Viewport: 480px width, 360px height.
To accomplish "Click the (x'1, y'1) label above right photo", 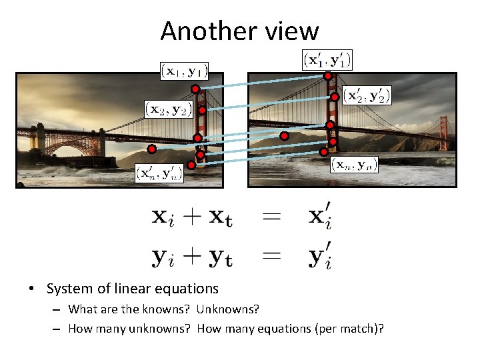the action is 327,59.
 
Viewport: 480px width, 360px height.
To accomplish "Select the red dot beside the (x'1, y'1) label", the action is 328,77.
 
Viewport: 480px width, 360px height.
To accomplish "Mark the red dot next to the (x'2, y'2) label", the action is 335,97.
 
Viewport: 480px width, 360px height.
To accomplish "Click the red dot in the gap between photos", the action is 284,136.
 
